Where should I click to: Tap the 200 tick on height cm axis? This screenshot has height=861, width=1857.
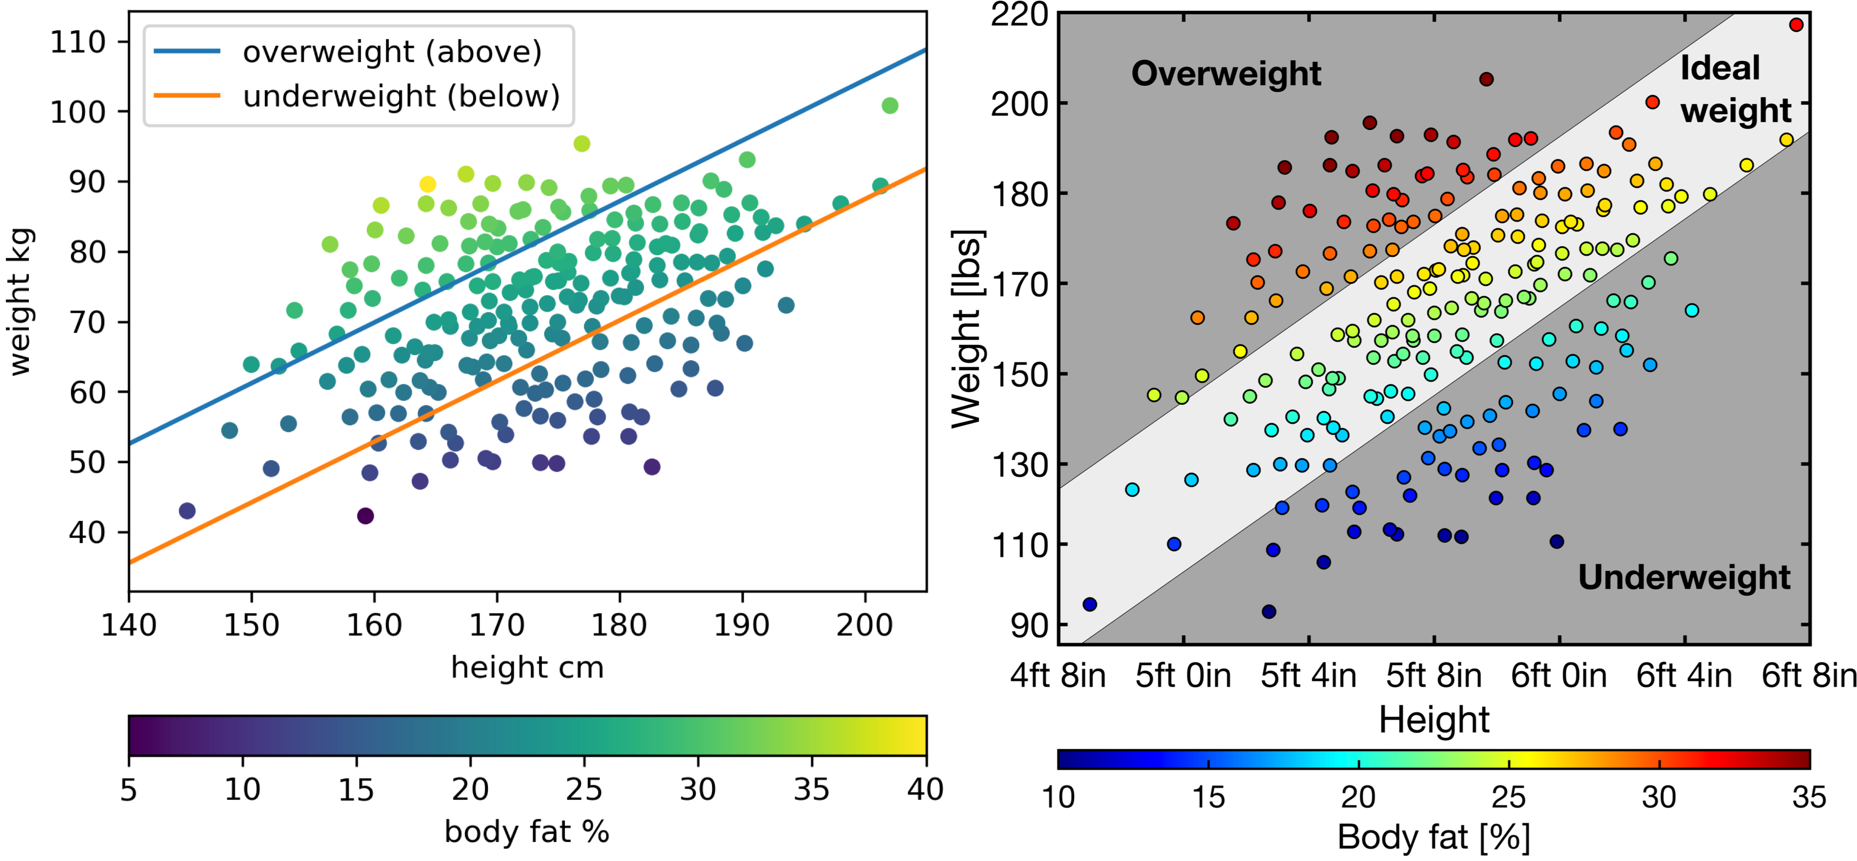865,625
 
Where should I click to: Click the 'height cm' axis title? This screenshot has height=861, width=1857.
527,668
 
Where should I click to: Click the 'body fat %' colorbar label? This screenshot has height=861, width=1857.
527,832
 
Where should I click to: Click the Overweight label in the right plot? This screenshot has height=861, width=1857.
1225,74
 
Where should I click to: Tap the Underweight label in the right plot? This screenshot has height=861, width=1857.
1684,577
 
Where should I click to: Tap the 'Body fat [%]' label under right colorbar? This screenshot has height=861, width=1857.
1433,838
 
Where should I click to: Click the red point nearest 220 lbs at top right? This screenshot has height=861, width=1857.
1796,25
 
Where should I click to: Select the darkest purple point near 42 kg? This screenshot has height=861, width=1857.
365,516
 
